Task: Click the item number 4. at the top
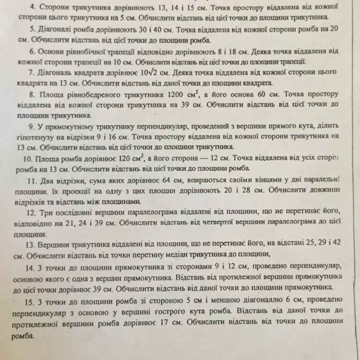[32, 8]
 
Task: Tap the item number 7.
[32, 72]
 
